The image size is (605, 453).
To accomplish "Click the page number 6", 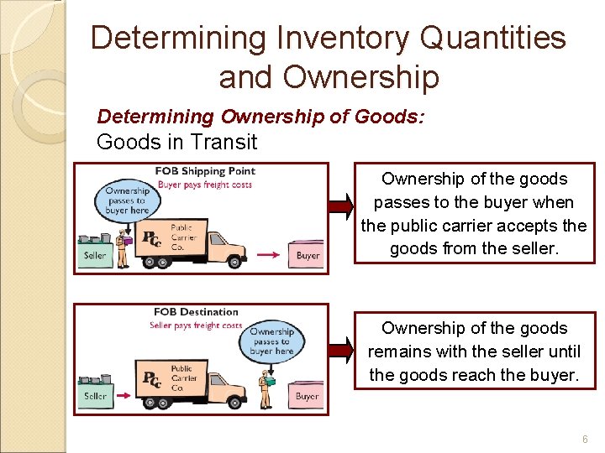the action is (584, 440).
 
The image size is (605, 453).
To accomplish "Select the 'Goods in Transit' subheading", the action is (176, 142).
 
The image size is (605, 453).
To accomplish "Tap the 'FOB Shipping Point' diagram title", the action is (205, 171).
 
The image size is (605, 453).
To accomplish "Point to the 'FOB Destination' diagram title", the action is (195, 312).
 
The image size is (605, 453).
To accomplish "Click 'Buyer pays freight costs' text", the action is (205, 185).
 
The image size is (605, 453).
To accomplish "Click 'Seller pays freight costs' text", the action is (195, 325).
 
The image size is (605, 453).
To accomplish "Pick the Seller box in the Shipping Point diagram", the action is (94, 255).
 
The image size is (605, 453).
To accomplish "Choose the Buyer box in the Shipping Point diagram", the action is (308, 255).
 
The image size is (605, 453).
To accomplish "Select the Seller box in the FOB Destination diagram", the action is (95, 395).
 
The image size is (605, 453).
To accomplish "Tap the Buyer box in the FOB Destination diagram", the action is (307, 395).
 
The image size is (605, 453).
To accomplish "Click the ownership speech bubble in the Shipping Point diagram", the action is (127, 201).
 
